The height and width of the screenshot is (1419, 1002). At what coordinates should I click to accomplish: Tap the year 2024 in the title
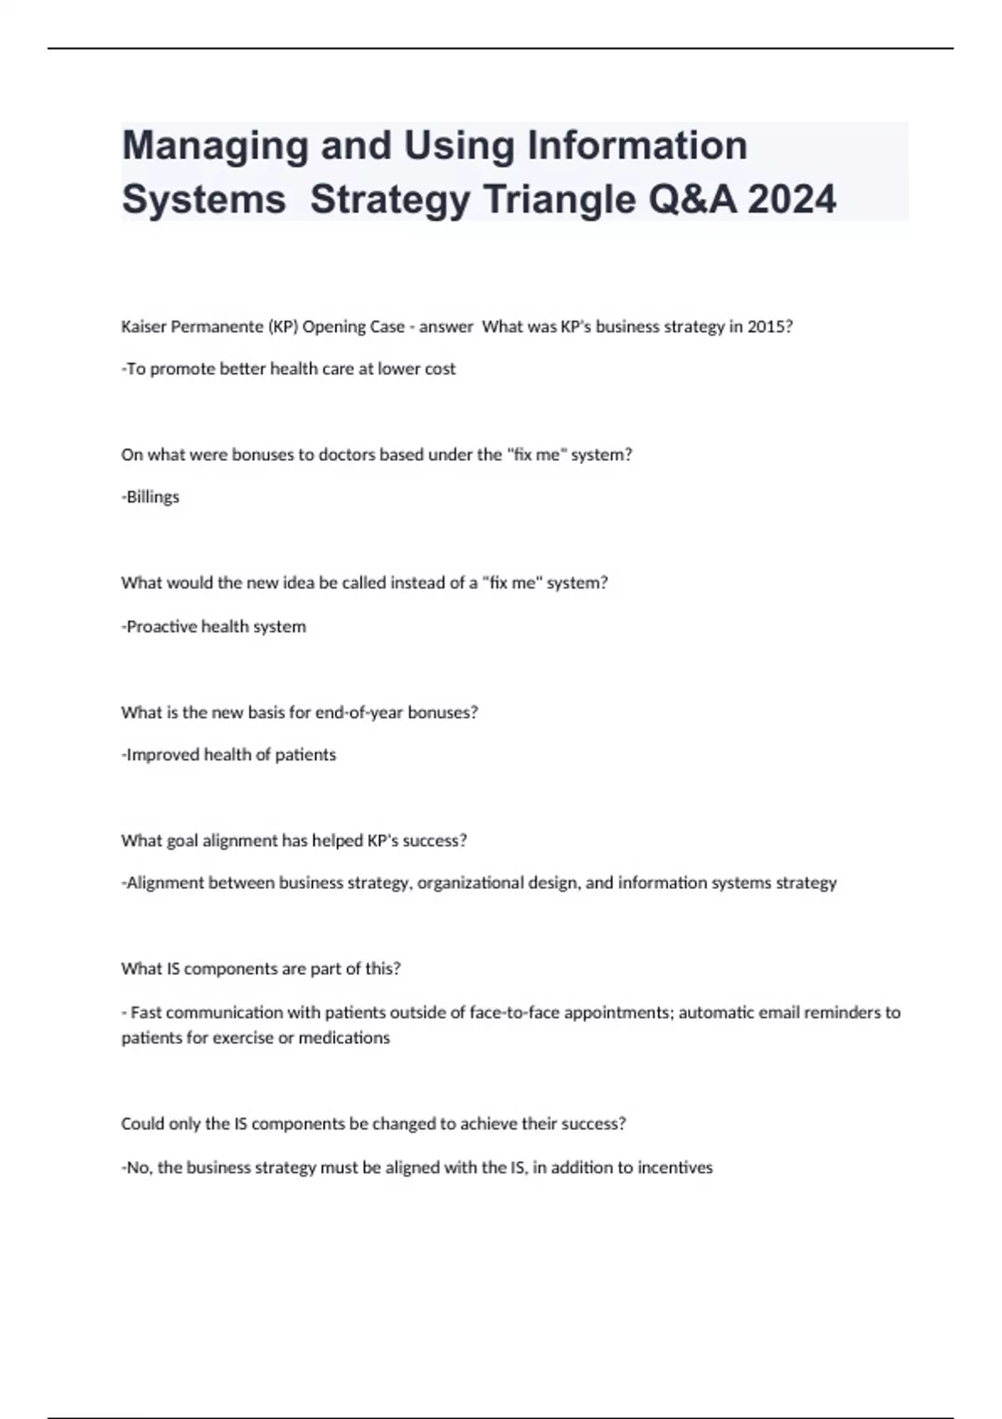click(x=792, y=199)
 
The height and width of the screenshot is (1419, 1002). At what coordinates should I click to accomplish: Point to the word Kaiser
click(x=144, y=326)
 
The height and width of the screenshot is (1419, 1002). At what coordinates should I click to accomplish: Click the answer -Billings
click(x=151, y=497)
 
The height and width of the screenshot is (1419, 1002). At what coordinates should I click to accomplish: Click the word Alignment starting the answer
click(x=164, y=882)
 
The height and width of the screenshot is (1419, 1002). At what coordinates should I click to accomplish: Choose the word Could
click(x=143, y=1124)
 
